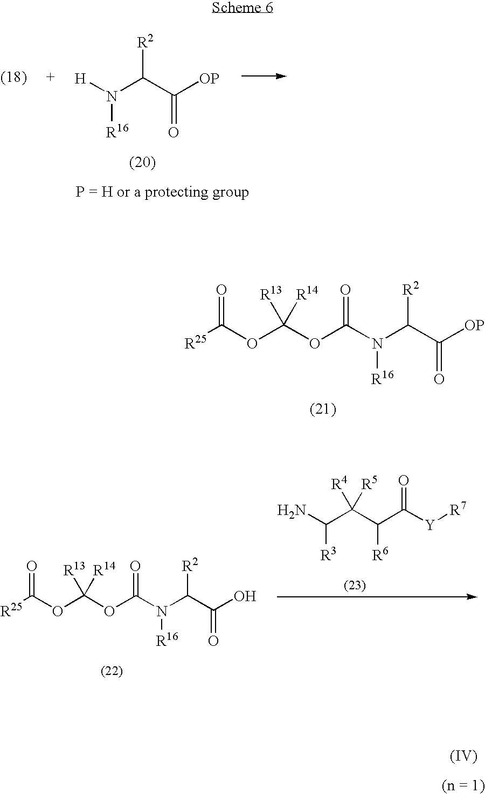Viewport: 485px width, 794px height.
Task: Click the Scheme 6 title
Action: (242, 8)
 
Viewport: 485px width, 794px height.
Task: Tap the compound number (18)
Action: (13, 77)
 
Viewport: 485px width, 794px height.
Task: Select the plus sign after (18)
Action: (50, 77)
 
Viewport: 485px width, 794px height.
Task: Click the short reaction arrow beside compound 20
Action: (264, 76)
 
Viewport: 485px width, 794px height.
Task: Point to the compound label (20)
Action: (142, 163)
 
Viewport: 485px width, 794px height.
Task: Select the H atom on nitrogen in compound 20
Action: (80, 79)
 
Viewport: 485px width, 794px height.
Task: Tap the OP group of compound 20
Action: (209, 78)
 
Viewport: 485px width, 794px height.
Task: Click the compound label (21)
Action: (323, 409)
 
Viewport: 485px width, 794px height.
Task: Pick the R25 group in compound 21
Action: (195, 342)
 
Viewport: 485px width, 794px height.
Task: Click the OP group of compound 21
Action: (474, 325)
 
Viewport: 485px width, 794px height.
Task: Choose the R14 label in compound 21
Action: (307, 293)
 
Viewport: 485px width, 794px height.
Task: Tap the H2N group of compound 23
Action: (292, 511)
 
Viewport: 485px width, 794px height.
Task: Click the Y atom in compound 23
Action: (430, 525)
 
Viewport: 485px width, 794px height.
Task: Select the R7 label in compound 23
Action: (458, 510)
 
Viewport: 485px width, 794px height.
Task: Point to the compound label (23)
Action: (355, 586)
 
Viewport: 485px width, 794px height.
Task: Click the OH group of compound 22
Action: (245, 596)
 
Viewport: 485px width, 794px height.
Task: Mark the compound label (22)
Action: (112, 671)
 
